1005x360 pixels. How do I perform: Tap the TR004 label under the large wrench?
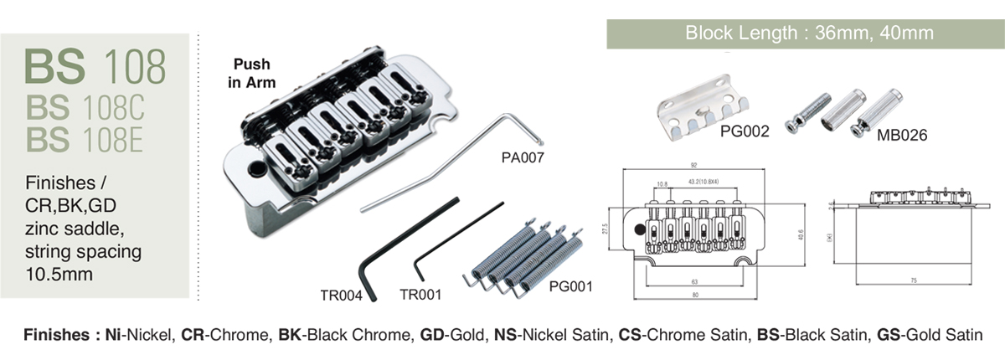point(340,294)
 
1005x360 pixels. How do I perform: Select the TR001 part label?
point(420,294)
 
